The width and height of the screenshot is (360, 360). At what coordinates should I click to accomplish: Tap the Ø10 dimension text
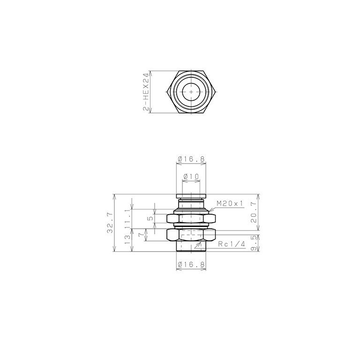point(191,177)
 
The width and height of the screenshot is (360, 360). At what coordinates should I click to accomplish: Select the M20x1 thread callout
point(230,203)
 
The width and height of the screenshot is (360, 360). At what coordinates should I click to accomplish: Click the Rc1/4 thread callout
point(232,244)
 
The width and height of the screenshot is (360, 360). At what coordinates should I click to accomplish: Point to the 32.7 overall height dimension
point(110,223)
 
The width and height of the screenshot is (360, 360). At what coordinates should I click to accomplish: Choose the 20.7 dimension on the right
point(254,213)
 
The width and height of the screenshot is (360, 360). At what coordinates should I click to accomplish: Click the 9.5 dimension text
point(254,244)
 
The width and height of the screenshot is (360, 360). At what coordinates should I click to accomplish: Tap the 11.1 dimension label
point(127,218)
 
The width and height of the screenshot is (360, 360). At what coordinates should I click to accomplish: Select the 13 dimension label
point(127,240)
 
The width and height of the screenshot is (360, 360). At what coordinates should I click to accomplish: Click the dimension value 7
point(141,235)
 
